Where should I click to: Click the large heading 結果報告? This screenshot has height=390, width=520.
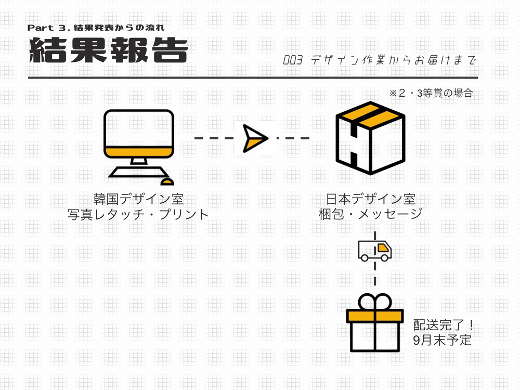pyautogui.click(x=109, y=50)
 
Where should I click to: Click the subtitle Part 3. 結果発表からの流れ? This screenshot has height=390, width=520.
pyautogui.click(x=96, y=28)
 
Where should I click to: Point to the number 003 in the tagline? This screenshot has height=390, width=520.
pyautogui.click(x=293, y=60)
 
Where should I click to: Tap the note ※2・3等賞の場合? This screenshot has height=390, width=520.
pyautogui.click(x=431, y=93)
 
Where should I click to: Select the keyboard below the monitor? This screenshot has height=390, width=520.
pyautogui.click(x=139, y=172)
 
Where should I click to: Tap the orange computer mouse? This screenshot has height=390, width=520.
pyautogui.click(x=167, y=181)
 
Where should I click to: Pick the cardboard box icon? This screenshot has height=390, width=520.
pyautogui.click(x=370, y=138)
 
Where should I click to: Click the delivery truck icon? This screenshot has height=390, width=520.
pyautogui.click(x=375, y=251)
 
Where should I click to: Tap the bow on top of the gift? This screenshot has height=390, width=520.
pyautogui.click(x=375, y=302)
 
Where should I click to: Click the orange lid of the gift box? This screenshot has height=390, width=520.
pyautogui.click(x=375, y=316)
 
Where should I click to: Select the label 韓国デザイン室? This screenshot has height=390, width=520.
pyautogui.click(x=139, y=199)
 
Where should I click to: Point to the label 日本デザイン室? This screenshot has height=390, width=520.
pyautogui.click(x=370, y=199)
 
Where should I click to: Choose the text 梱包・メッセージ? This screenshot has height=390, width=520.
pyautogui.click(x=370, y=214)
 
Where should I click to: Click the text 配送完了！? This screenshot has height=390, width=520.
pyautogui.click(x=443, y=325)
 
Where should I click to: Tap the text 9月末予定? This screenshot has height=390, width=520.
pyautogui.click(x=443, y=340)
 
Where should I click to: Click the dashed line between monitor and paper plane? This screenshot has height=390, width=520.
pyautogui.click(x=214, y=138)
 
